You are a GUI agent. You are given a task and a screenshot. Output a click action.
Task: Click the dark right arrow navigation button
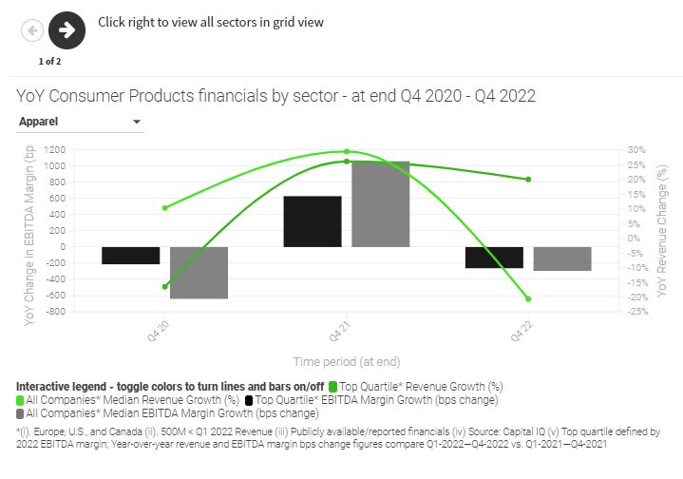[x=66, y=29]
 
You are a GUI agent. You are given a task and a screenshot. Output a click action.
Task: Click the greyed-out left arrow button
[x=32, y=30]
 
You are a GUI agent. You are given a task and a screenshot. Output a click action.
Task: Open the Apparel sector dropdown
[x=80, y=122]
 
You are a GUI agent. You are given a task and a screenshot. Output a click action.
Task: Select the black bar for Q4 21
[x=313, y=221]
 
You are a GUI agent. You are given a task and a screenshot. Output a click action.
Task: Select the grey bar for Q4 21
[x=380, y=204]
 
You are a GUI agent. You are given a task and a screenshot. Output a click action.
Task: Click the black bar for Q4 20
[x=131, y=255]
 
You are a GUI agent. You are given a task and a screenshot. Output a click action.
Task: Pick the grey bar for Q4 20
[x=199, y=273]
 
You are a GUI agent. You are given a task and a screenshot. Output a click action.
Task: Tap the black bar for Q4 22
[x=494, y=258]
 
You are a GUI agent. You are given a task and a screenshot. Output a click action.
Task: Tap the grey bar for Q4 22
[x=562, y=259]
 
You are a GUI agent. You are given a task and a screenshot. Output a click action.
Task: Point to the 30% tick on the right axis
[x=636, y=150]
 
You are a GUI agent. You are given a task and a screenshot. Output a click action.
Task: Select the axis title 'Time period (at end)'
[x=346, y=361]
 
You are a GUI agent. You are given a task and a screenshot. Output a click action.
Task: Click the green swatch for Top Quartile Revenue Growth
[x=333, y=387]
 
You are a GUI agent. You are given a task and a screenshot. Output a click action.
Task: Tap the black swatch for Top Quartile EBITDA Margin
[x=249, y=400]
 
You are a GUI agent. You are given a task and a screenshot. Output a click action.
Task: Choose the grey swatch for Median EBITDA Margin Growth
[x=21, y=413]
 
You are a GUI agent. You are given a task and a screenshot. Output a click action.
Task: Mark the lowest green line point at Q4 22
[x=528, y=299]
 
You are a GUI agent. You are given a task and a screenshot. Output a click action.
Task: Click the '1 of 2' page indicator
[x=49, y=61]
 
